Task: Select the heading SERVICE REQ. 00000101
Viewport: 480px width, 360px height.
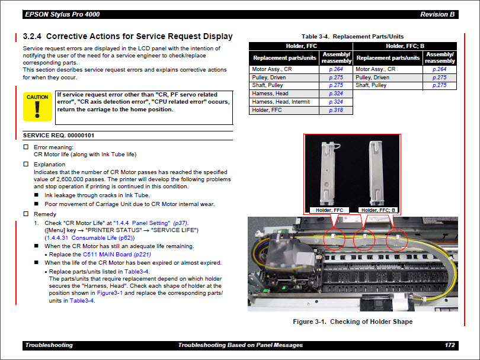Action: [58, 136]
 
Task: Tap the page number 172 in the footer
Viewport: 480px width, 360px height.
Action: [450, 345]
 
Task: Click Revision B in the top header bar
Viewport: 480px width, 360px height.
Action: [437, 14]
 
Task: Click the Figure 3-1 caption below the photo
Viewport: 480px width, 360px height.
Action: [353, 322]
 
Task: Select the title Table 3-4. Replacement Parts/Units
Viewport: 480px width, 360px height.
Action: [353, 36]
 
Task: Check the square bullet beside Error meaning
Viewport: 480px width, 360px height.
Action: [25, 147]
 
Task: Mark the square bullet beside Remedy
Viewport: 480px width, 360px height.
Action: [25, 214]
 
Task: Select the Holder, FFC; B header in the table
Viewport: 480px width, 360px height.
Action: [405, 46]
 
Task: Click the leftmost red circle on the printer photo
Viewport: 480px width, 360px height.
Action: [334, 240]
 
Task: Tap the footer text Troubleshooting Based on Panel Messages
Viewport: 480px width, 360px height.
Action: [240, 345]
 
